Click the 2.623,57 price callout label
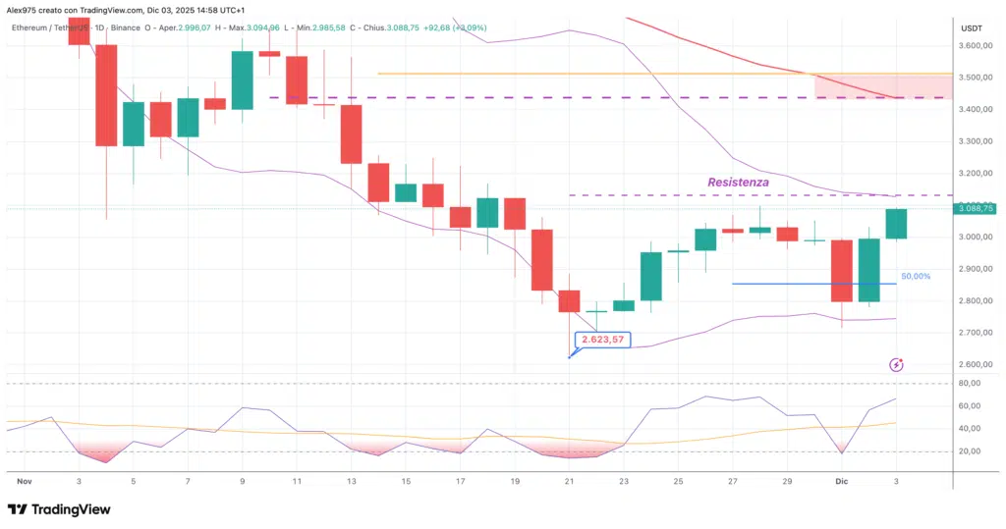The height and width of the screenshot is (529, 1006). [x=601, y=340]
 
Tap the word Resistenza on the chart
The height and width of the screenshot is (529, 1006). [x=738, y=183]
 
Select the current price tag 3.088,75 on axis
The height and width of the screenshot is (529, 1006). [x=974, y=208]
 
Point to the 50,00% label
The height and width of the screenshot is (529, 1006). [x=915, y=277]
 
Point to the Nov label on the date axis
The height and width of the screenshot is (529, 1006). [x=26, y=483]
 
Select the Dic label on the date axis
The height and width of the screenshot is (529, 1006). [x=841, y=483]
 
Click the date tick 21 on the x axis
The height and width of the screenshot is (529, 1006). [x=570, y=483]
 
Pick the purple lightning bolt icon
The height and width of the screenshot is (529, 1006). [x=896, y=365]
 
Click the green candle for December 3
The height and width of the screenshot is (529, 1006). [x=896, y=224]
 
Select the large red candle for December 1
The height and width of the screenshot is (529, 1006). [x=842, y=271]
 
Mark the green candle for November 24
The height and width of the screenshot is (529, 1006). [x=651, y=276]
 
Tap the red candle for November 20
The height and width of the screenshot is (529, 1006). [x=542, y=260]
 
